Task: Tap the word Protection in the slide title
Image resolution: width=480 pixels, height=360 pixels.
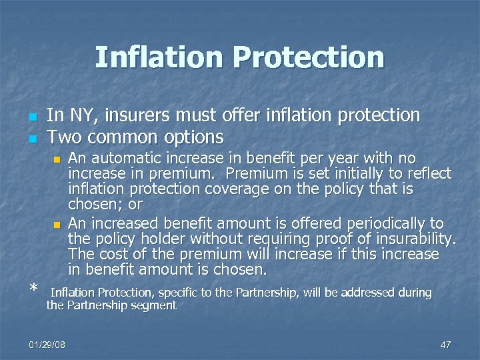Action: coord(313,57)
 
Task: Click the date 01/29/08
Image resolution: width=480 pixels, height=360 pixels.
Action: coord(47,344)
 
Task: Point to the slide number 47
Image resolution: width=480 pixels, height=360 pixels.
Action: coord(446,344)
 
